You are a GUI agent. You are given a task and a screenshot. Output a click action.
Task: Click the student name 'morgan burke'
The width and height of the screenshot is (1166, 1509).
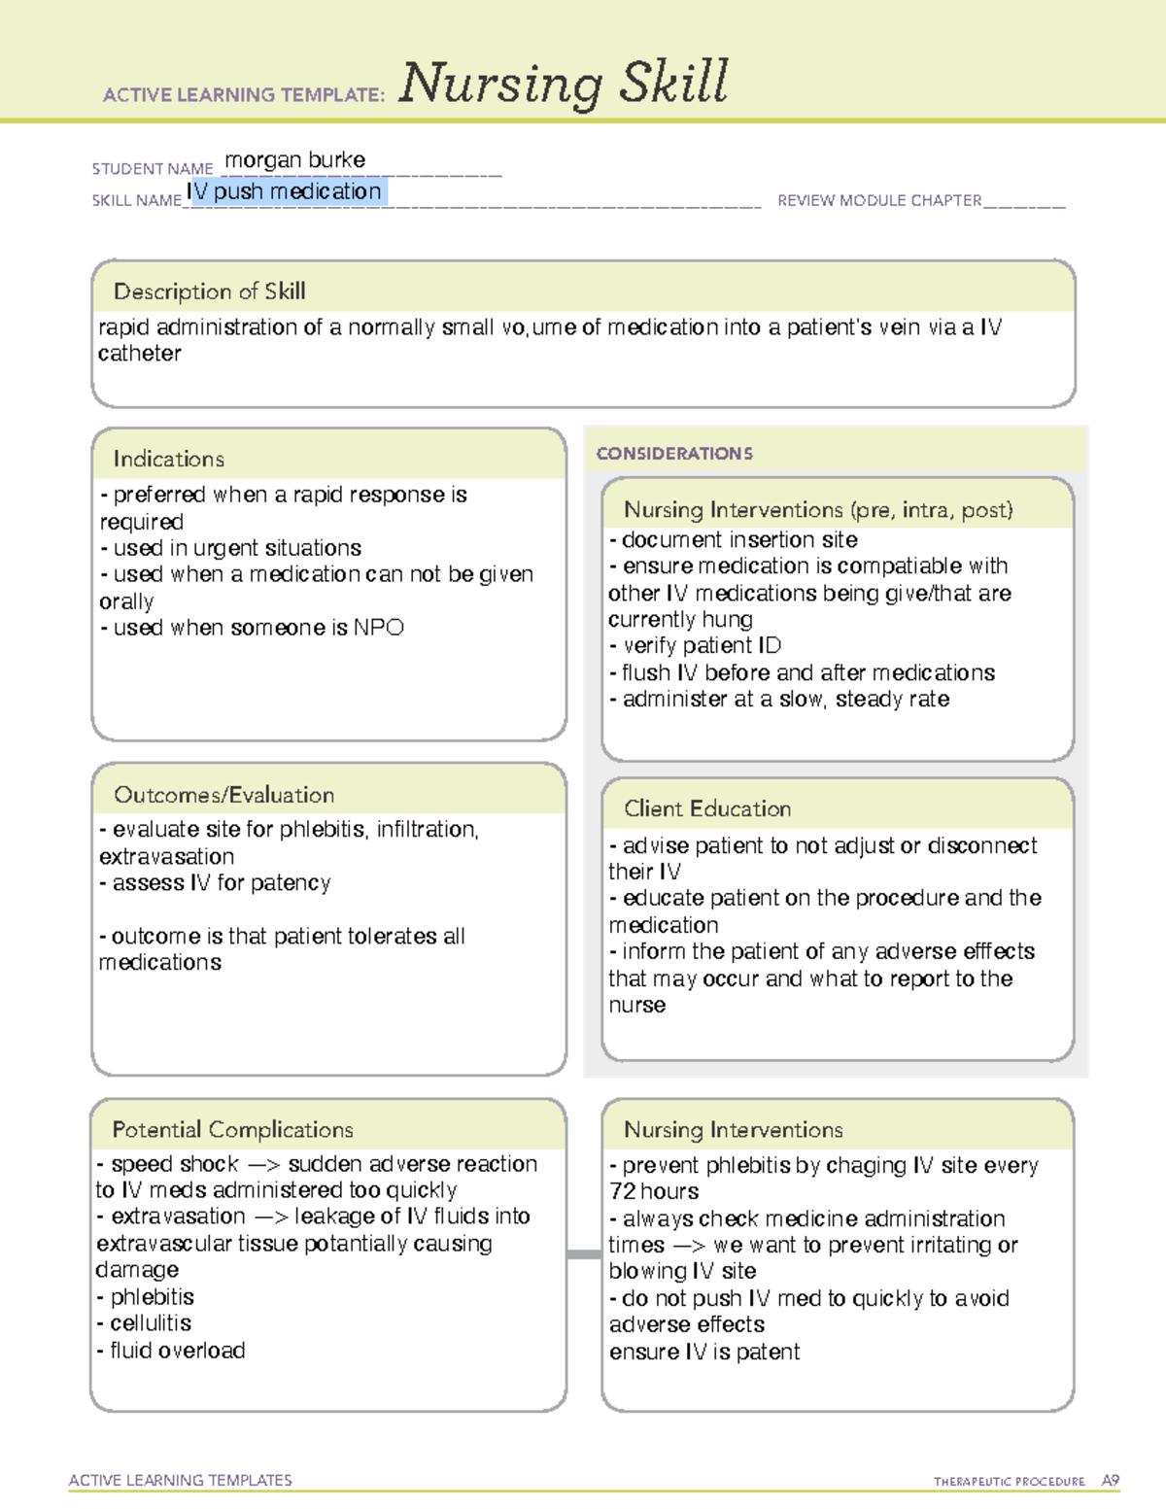pos(294,160)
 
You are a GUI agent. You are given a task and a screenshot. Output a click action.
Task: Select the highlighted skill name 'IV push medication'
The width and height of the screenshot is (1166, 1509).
pos(285,192)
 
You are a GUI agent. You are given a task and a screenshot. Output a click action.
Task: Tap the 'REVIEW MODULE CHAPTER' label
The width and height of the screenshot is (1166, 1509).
pos(879,201)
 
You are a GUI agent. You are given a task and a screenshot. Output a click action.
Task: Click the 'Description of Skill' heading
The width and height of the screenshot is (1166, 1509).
pos(209,292)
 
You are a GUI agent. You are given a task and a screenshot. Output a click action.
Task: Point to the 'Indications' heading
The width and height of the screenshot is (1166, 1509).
pos(168,459)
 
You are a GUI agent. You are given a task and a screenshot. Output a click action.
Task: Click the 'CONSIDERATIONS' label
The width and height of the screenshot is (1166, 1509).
pos(674,454)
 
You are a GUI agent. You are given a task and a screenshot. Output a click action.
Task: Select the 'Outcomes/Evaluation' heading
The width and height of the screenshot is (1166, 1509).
pos(223,795)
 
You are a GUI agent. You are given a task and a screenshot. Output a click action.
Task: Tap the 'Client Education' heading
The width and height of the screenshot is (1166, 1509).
pos(706,808)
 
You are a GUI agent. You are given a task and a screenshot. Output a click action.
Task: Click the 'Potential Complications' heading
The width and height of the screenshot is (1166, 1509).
pos(232,1130)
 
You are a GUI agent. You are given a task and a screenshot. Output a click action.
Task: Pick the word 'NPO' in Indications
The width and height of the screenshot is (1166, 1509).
pos(378,628)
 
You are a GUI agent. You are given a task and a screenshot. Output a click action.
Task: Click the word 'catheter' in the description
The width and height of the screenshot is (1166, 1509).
pos(139,354)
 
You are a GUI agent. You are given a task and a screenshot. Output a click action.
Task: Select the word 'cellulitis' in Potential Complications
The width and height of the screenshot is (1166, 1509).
pos(151,1323)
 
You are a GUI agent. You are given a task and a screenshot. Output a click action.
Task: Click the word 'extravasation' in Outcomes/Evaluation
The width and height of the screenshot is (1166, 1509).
pos(166,857)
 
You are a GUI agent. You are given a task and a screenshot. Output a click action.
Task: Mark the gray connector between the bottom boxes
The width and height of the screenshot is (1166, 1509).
pos(584,1254)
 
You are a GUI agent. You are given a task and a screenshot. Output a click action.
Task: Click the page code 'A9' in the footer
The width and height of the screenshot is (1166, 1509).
pos(1110,1481)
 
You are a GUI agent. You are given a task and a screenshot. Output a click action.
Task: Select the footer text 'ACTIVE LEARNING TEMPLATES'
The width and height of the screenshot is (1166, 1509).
pos(180,1480)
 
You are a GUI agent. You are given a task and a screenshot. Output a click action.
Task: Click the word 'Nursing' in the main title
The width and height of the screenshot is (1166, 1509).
pos(501,84)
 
